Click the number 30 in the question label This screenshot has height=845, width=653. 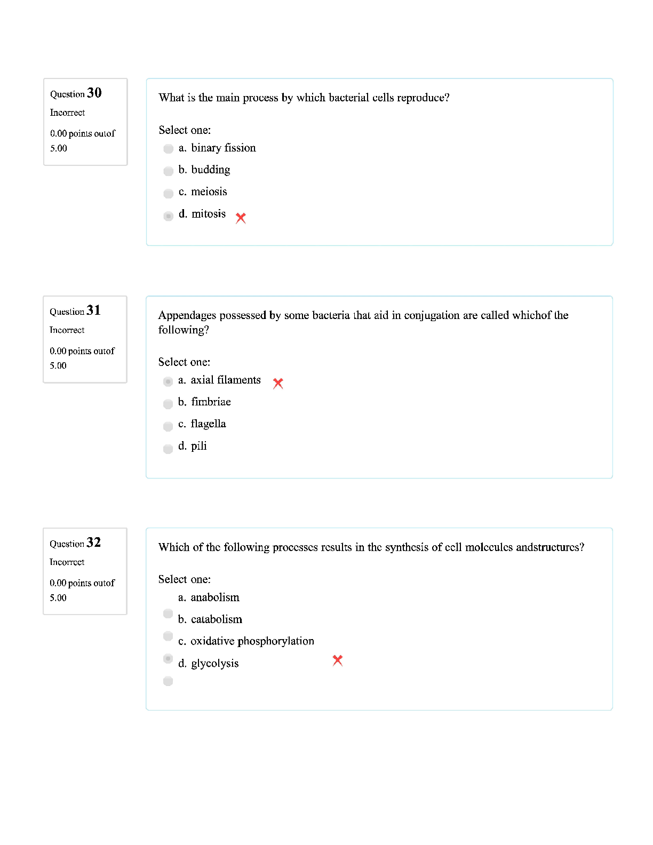point(94,93)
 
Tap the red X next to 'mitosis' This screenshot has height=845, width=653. point(241,218)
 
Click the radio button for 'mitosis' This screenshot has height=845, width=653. point(169,216)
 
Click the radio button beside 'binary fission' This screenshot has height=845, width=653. point(169,149)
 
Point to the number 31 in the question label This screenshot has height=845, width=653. point(93,310)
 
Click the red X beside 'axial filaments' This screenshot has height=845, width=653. point(278,384)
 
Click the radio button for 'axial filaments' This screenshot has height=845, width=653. point(168,381)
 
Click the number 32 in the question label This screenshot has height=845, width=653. point(93,543)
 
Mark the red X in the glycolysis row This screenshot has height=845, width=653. point(337,660)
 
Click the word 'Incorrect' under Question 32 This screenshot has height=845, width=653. point(67,562)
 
